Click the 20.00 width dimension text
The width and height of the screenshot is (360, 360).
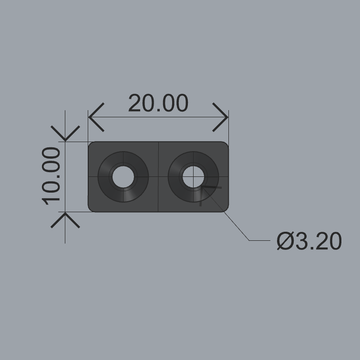click(x=158, y=103)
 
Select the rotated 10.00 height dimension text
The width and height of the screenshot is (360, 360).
click(x=52, y=176)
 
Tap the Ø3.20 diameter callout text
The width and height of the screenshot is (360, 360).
click(x=309, y=241)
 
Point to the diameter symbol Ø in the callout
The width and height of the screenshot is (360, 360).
click(x=284, y=241)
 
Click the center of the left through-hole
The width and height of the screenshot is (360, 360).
click(x=123, y=176)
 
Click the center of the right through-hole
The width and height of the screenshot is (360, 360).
click(x=193, y=176)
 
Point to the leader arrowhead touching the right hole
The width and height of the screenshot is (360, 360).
click(x=204, y=188)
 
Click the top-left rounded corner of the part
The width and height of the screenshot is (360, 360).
click(x=92, y=145)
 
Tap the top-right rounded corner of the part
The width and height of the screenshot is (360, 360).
click(x=225, y=145)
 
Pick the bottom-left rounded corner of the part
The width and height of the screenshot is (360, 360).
click(x=92, y=208)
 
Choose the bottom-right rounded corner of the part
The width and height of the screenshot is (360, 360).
click(x=225, y=208)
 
